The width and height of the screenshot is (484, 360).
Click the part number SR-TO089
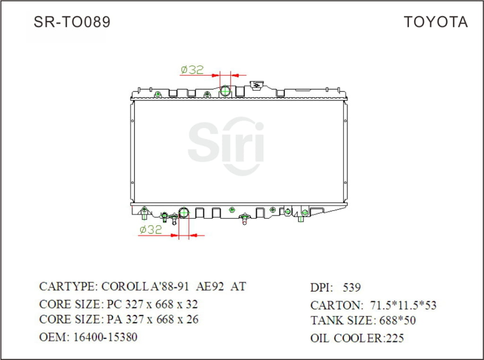72,22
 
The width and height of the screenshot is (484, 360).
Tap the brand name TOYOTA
435,22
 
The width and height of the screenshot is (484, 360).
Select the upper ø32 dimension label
192,70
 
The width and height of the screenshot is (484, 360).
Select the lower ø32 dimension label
150,230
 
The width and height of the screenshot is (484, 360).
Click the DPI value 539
351,288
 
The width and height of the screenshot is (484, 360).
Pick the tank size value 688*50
398,321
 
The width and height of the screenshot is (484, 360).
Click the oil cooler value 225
395,338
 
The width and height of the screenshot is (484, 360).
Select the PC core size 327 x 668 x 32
152,304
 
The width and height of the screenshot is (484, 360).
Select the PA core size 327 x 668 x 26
152,320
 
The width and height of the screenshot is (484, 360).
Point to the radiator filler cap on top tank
257,85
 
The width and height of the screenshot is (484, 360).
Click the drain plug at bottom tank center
244,219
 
